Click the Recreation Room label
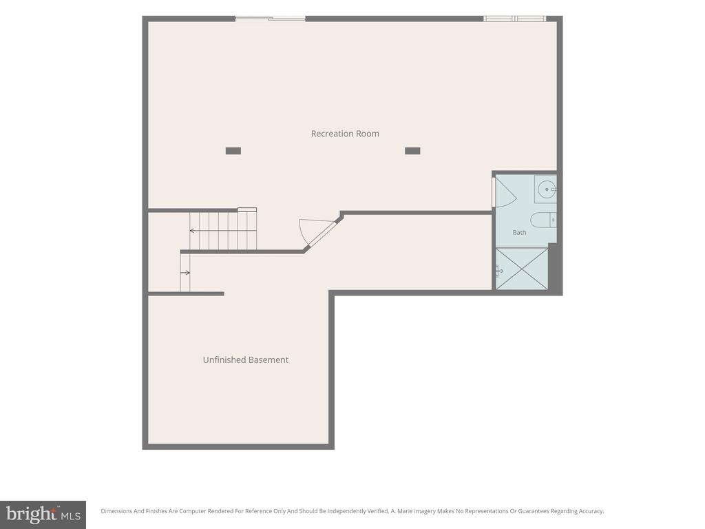pyautogui.click(x=345, y=134)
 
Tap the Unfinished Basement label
pyautogui.click(x=246, y=360)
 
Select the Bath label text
pyautogui.click(x=519, y=233)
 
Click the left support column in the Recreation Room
pyautogui.click(x=233, y=151)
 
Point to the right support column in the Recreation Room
pyautogui.click(x=412, y=151)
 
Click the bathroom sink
pyautogui.click(x=547, y=189)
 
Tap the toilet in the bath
pyautogui.click(x=544, y=220)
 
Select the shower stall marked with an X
pyautogui.click(x=522, y=269)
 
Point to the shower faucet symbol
pyautogui.click(x=499, y=270)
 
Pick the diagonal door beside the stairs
pyautogui.click(x=322, y=234)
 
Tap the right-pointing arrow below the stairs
pyautogui.click(x=185, y=273)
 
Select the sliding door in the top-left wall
pyautogui.click(x=270, y=19)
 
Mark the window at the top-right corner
pyautogui.click(x=515, y=19)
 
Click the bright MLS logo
pyautogui.click(x=43, y=515)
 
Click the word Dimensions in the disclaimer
pyautogui.click(x=116, y=511)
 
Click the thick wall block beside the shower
pyautogui.click(x=556, y=269)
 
